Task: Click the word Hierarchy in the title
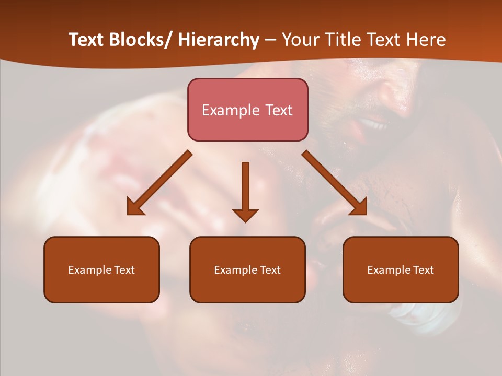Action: pos(219,40)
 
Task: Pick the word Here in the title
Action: pos(426,40)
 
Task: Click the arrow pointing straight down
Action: pos(245,188)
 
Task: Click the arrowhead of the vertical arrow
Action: pos(245,215)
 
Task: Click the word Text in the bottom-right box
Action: pos(423,270)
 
